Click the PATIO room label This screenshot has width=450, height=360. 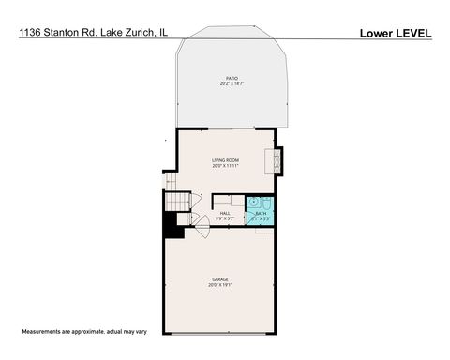(231, 78)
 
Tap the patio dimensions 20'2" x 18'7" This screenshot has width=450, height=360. (231, 84)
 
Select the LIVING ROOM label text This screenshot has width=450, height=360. (225, 159)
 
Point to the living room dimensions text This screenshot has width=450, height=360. (225, 166)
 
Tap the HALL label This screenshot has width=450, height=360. (225, 213)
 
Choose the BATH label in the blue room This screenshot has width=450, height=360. (261, 213)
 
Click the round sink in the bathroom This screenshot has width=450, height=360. (254, 202)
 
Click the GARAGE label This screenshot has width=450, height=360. (222, 278)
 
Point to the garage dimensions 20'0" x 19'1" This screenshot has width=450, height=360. (222, 285)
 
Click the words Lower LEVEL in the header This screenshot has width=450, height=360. (396, 33)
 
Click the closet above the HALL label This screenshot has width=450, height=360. (228, 200)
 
